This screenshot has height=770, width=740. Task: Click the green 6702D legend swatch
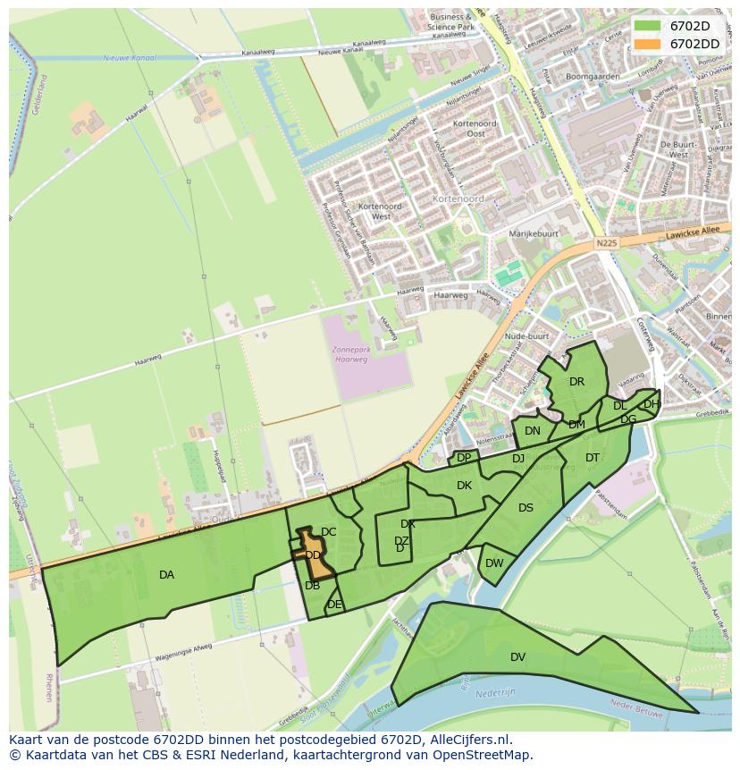click(x=649, y=26)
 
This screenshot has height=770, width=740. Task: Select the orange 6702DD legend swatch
click(x=649, y=43)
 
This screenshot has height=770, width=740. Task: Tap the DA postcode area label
click(x=166, y=575)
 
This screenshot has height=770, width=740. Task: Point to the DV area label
click(x=517, y=657)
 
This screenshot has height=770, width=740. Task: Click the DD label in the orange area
click(x=313, y=555)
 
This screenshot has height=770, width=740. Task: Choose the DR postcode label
click(x=576, y=382)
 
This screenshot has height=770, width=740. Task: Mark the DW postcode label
click(x=494, y=563)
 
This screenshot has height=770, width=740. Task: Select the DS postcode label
click(x=526, y=508)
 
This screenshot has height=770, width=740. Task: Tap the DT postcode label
click(x=593, y=458)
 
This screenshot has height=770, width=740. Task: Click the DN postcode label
click(x=533, y=431)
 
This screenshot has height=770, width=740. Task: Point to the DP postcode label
click(x=464, y=458)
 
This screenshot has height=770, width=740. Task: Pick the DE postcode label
click(x=334, y=605)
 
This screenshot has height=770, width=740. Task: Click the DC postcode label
click(x=328, y=532)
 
